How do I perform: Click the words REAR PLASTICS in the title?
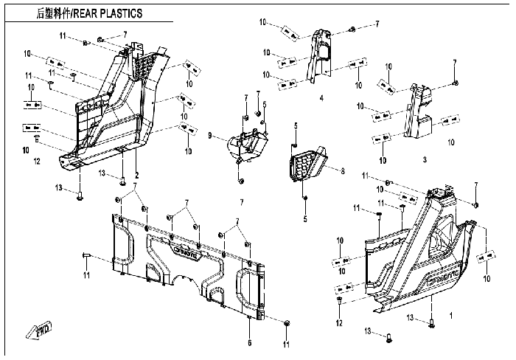pos(108,13)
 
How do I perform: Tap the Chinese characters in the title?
pos(54,13)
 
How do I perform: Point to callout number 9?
pos(210,136)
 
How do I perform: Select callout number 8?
pos(343,171)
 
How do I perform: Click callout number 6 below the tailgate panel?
pos(250,343)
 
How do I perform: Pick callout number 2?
pos(137,176)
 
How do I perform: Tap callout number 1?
pos(451,315)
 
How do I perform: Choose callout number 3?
pos(425,159)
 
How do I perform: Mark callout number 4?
pos(321,98)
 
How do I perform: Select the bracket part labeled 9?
pos(248,145)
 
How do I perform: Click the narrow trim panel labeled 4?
pos(318,57)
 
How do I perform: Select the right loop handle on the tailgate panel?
pos(246,287)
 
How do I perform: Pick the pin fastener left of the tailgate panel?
pos(86,255)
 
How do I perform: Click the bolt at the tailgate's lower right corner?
pos(287,323)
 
